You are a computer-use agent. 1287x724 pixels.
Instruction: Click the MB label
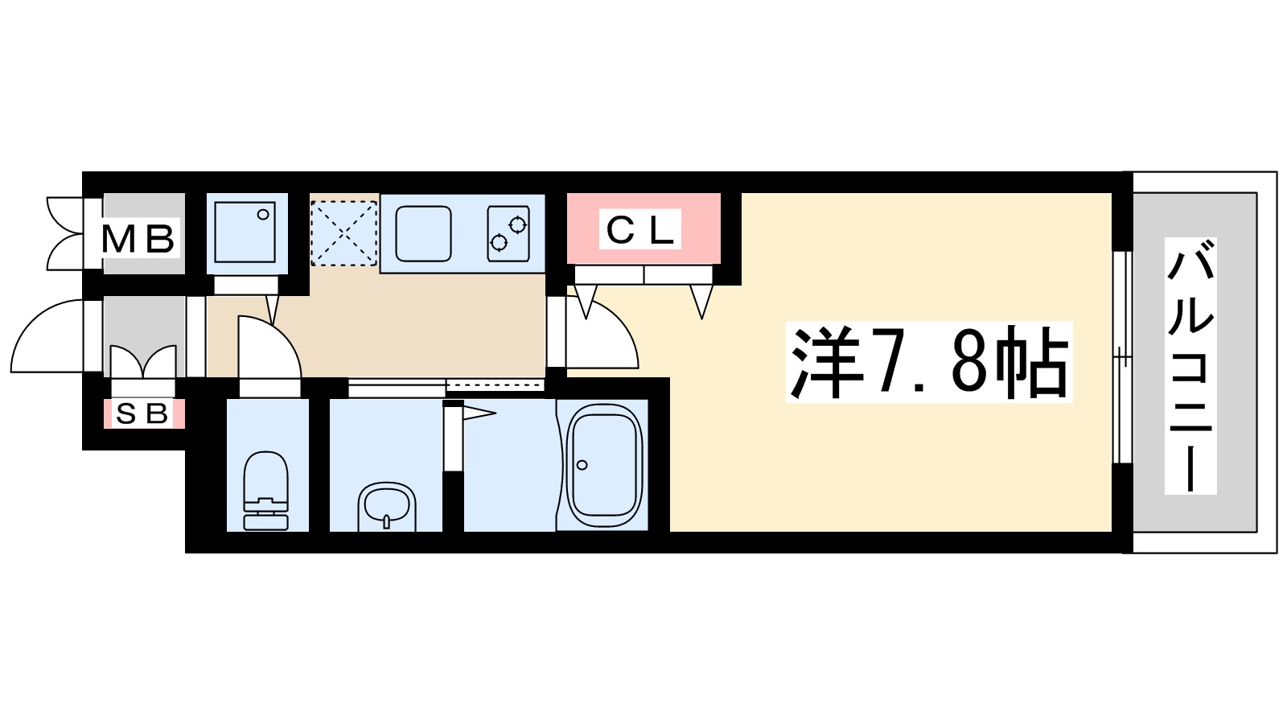(138, 238)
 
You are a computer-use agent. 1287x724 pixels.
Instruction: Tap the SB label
(142, 413)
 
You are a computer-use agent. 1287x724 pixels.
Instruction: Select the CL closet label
(640, 231)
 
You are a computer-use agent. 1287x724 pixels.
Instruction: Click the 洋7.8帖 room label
(929, 363)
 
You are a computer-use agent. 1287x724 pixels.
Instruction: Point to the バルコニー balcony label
(1190, 366)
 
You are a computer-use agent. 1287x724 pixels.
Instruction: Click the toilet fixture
(265, 491)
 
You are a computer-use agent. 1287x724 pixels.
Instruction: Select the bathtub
(605, 467)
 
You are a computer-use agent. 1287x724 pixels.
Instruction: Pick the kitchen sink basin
(423, 233)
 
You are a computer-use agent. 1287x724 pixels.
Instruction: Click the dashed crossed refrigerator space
(344, 232)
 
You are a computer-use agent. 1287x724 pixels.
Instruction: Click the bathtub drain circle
(582, 465)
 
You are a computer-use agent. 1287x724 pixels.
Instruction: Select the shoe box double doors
(143, 362)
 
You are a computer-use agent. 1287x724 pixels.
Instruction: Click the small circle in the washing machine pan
(262, 215)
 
